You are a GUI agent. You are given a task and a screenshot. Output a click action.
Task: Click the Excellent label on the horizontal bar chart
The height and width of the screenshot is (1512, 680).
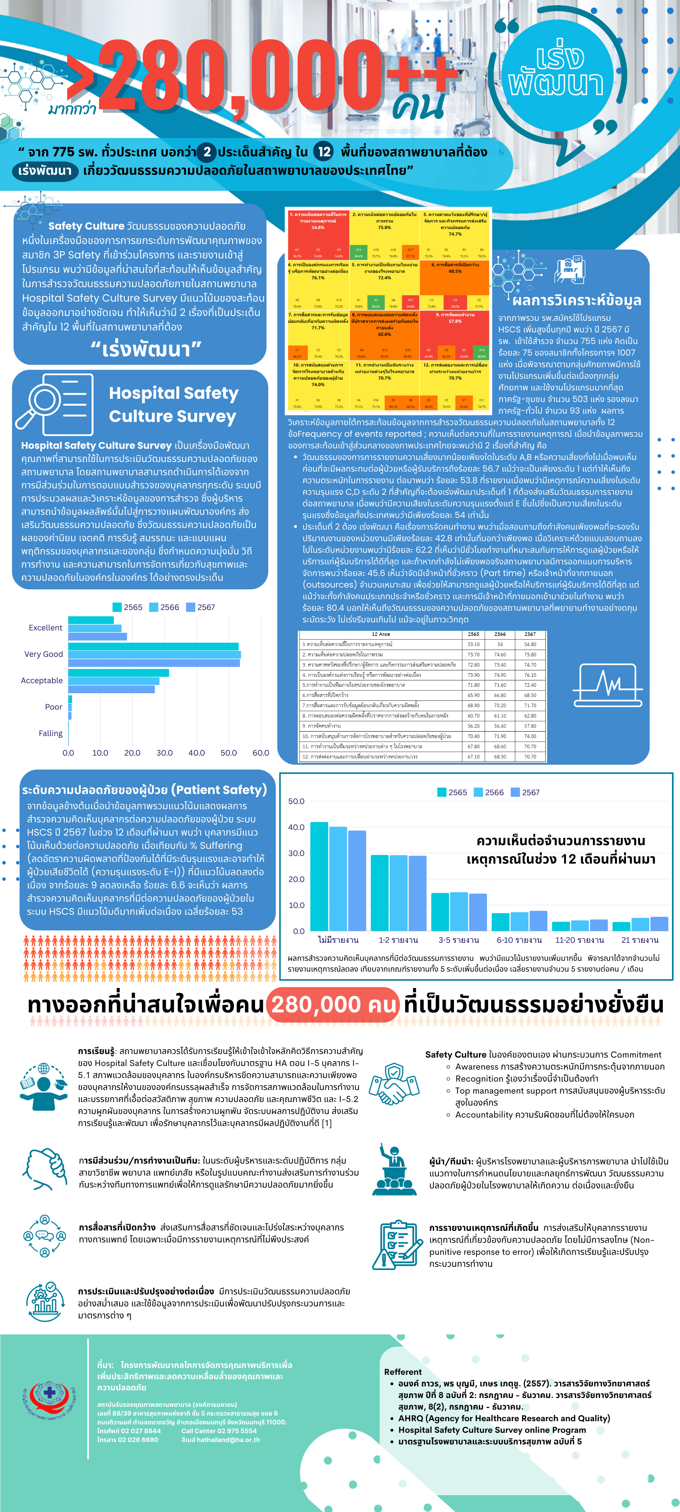tap(45, 628)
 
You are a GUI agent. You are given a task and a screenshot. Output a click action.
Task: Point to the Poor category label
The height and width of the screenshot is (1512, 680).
tap(54, 707)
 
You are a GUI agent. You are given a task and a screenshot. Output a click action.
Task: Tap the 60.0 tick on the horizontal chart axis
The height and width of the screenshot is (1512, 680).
tap(261, 752)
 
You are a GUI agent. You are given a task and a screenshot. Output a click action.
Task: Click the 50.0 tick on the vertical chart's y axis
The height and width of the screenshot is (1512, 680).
tap(296, 801)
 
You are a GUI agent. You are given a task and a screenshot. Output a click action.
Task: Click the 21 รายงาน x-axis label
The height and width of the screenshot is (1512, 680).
tap(640, 940)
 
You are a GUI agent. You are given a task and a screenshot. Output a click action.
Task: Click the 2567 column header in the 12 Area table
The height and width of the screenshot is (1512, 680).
tap(530, 634)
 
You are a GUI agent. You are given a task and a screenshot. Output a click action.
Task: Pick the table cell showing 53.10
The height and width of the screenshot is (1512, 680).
tap(473, 644)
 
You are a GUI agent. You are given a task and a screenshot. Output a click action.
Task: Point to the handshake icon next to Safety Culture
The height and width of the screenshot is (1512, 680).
tap(394, 1082)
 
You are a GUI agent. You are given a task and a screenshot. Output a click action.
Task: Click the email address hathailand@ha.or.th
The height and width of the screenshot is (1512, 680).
tap(221, 1439)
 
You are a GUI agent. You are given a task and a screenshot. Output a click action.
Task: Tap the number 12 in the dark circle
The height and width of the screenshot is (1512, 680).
tap(324, 152)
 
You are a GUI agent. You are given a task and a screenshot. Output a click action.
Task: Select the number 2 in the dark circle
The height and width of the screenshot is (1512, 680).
tap(207, 152)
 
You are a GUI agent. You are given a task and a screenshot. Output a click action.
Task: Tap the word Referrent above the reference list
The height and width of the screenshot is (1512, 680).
tap(403, 1372)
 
